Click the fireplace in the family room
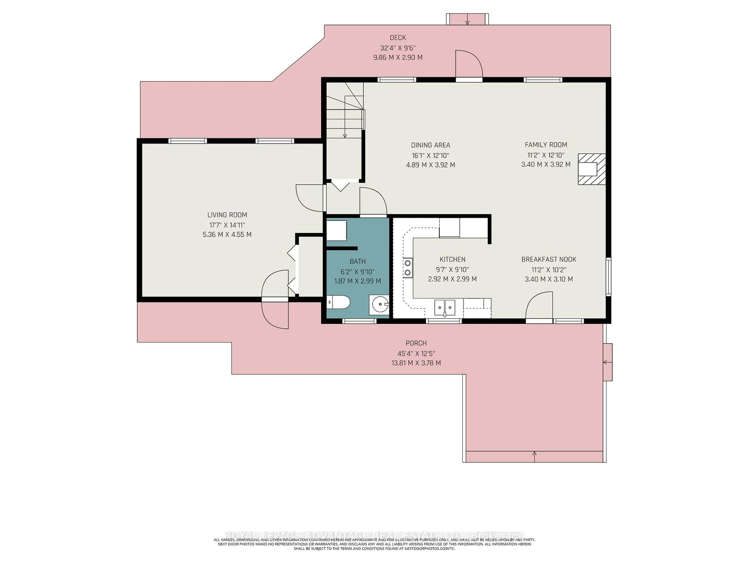coord(591,169)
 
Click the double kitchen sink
coord(445,307)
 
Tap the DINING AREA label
coord(430,145)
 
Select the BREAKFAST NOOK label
coord(548,259)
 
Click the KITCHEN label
coord(452,259)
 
